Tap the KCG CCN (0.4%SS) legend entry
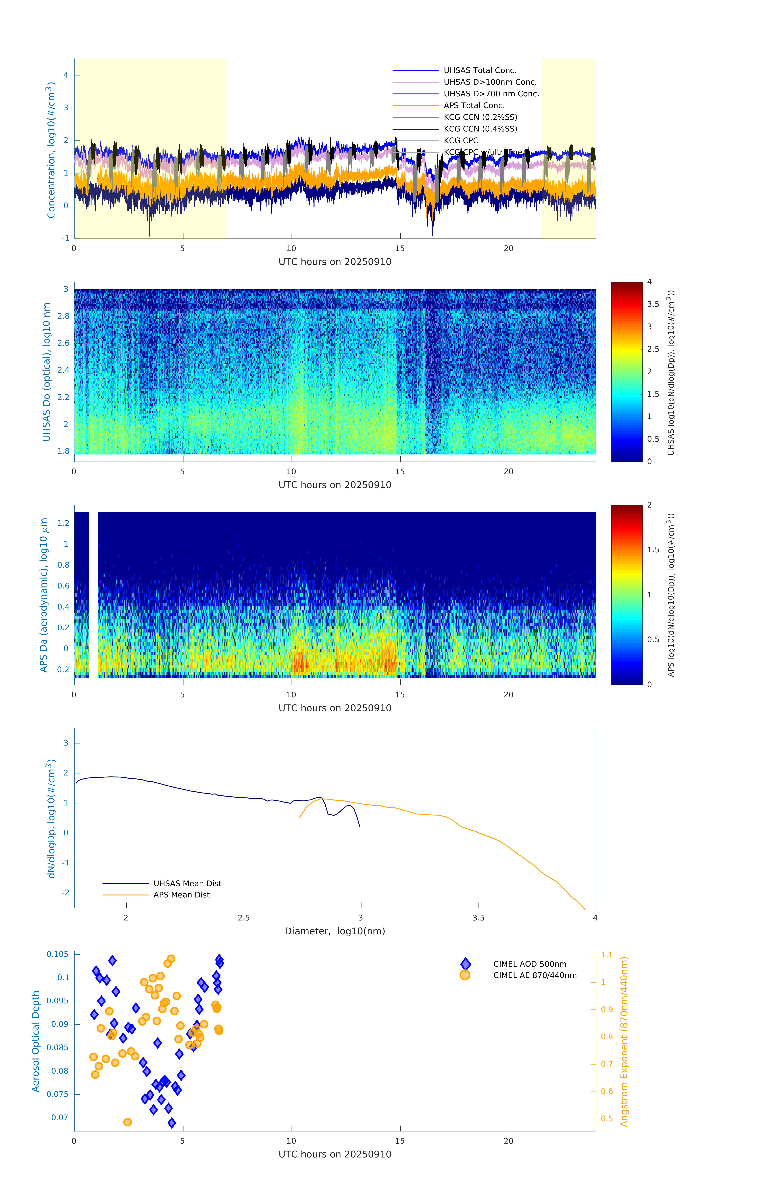click(x=480, y=129)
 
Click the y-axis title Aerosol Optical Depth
click(x=36, y=1041)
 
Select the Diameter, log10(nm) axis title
click(x=335, y=931)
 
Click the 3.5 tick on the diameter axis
click(x=478, y=918)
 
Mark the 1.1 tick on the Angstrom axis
click(x=607, y=955)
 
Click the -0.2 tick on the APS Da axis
click(x=62, y=669)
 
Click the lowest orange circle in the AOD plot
click(x=128, y=1122)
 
